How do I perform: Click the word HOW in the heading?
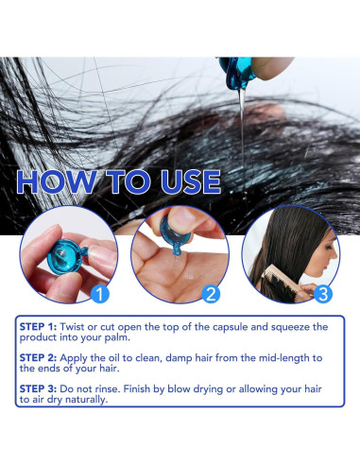pos(57,181)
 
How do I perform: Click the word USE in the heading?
pos(191,181)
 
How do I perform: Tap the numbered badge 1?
pos(99,294)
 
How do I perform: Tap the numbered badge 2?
pos(211,294)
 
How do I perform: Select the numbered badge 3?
pos(323,294)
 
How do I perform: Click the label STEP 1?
pos(38,327)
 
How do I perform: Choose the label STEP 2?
pos(38,358)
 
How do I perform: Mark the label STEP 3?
pos(38,388)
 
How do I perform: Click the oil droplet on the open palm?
pos(189,275)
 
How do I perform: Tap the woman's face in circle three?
pos(326,254)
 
